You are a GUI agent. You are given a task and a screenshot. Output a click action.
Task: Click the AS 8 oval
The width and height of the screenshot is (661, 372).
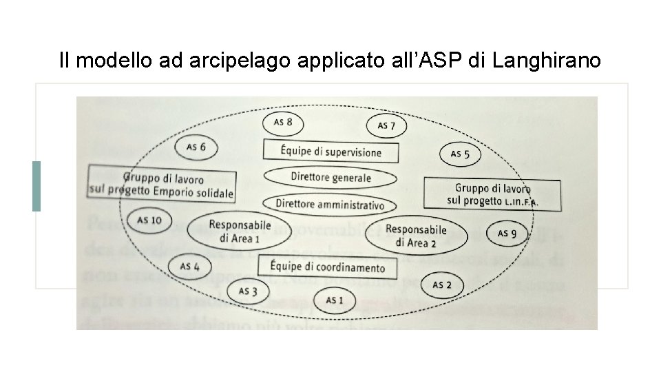pyautogui.click(x=284, y=123)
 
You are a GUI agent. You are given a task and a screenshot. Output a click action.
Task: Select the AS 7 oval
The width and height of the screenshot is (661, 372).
pyautogui.click(x=386, y=126)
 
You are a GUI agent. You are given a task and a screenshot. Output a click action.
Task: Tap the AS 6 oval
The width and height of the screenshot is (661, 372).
pyautogui.click(x=196, y=147)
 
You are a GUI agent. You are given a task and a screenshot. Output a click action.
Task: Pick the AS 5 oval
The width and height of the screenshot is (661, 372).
pyautogui.click(x=460, y=154)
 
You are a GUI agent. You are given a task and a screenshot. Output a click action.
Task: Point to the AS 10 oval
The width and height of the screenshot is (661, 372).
pyautogui.click(x=149, y=220)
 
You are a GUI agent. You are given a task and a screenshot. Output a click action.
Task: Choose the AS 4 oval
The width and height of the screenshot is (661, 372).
pyautogui.click(x=190, y=266)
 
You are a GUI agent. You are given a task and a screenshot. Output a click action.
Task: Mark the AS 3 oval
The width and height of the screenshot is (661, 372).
pyautogui.click(x=248, y=291)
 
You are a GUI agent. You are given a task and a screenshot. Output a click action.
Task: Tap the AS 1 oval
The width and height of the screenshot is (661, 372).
pyautogui.click(x=334, y=300)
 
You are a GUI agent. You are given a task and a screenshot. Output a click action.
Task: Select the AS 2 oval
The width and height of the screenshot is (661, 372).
pyautogui.click(x=442, y=285)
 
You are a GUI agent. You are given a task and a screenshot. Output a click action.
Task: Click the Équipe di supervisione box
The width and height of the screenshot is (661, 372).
pyautogui.click(x=330, y=152)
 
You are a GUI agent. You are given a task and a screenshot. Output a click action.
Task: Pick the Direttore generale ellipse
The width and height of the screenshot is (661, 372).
pyautogui.click(x=330, y=178)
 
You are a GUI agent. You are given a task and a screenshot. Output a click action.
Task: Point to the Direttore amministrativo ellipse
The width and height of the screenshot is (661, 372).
pyautogui.click(x=330, y=204)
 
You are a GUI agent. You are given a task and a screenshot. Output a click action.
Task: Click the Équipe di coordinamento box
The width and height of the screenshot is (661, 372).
pyautogui.click(x=327, y=267)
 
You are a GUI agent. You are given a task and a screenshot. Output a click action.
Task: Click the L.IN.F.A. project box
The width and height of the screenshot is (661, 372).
pyautogui.click(x=492, y=194)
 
